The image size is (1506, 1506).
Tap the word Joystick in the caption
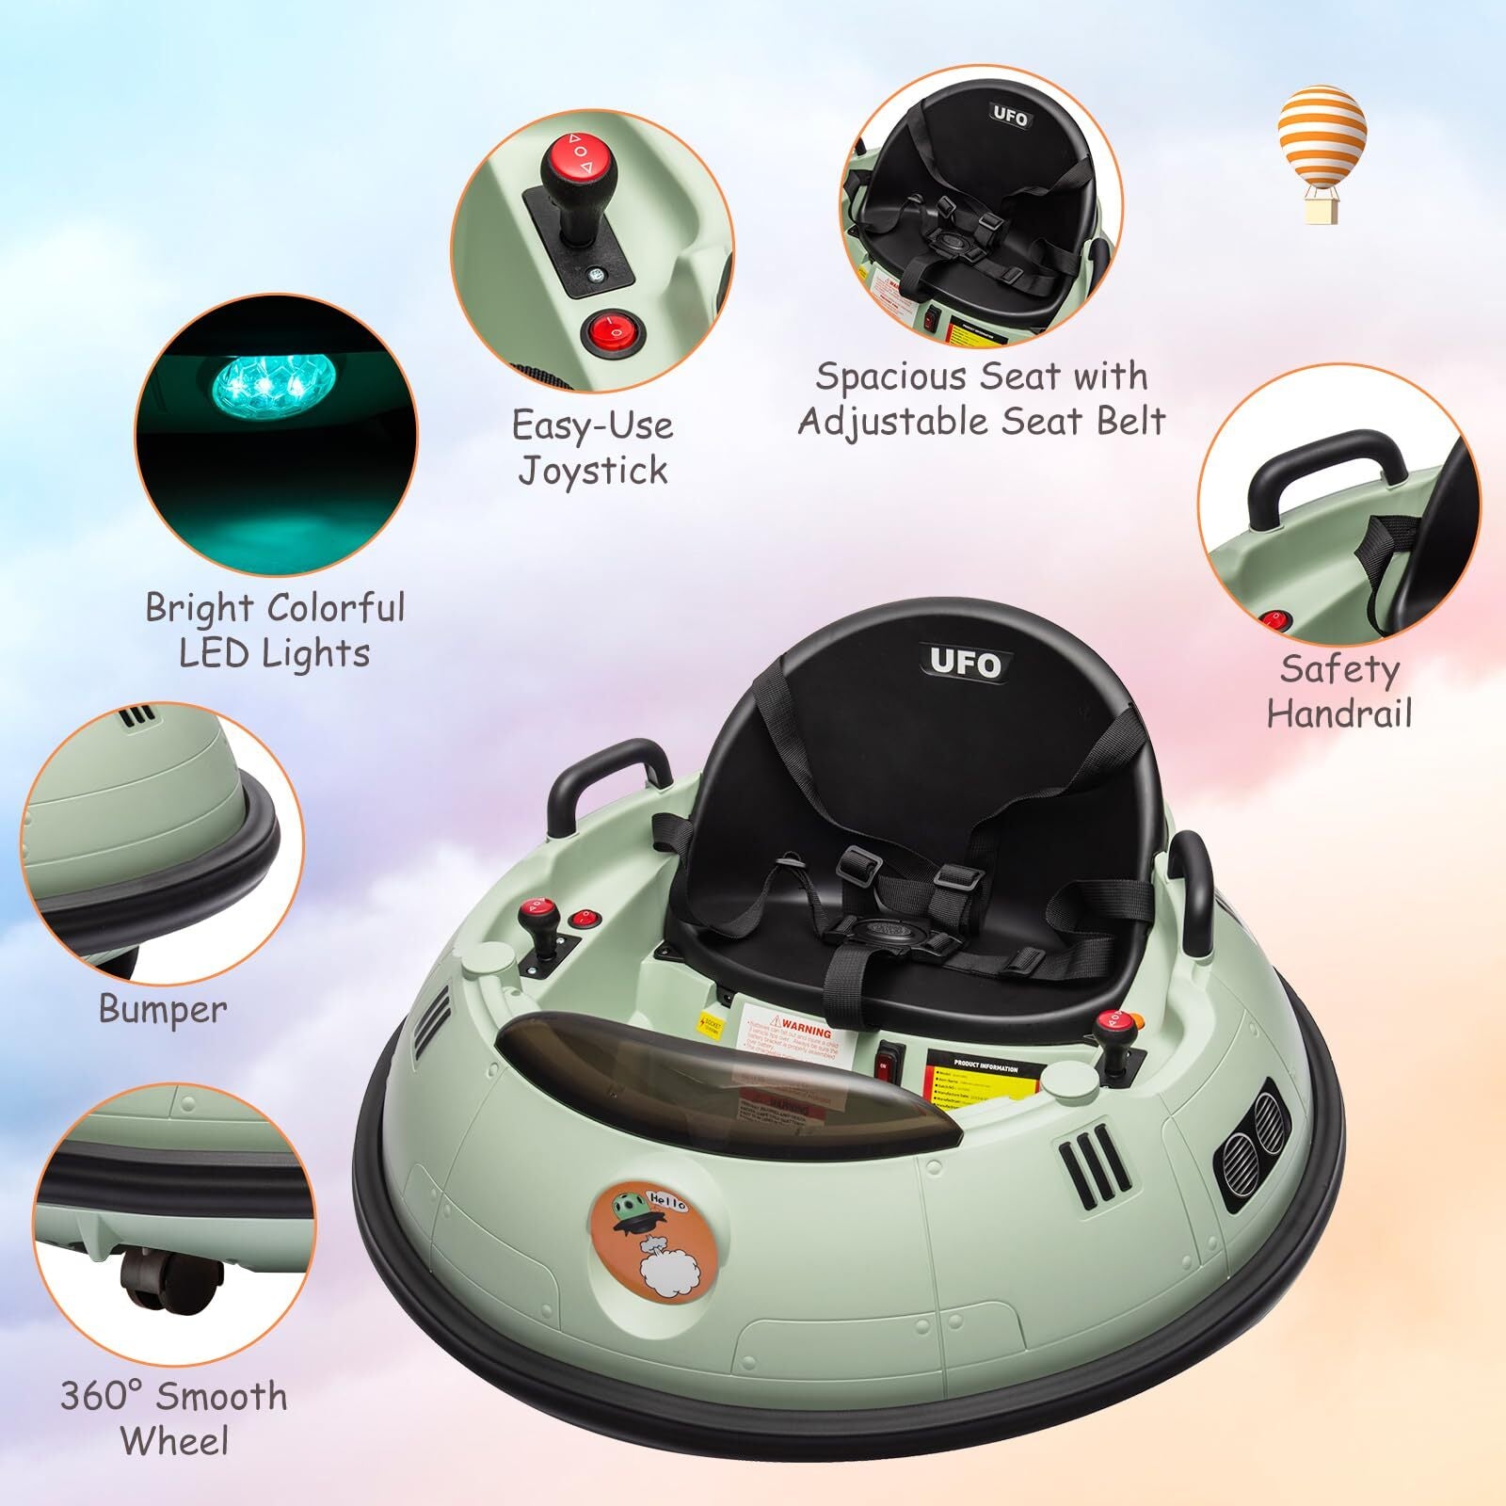coord(593,470)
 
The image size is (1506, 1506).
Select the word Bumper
coord(163,1009)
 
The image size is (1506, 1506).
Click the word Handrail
coord(1338,713)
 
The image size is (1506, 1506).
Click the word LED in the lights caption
coord(216,652)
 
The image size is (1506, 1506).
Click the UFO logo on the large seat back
coord(965,664)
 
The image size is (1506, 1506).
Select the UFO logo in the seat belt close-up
coord(1011,117)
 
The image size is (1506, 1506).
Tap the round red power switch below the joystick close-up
coord(608,329)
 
